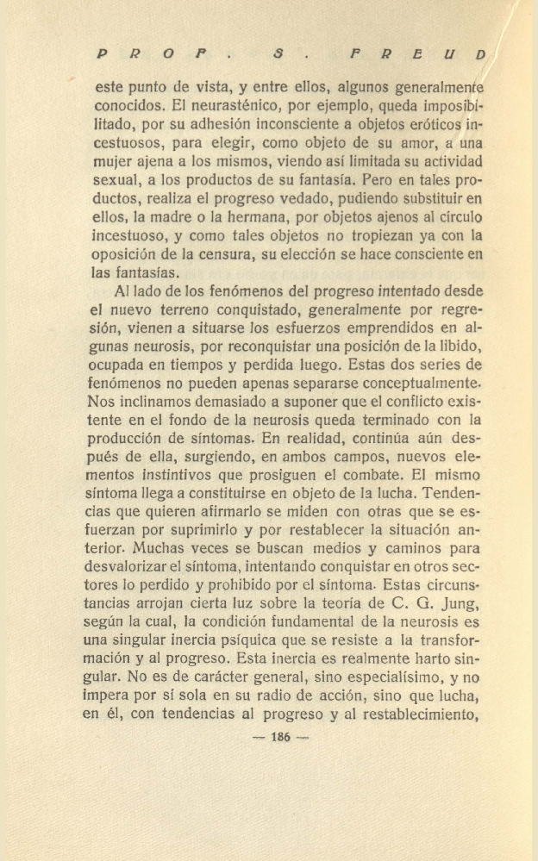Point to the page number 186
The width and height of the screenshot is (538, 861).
280,737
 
